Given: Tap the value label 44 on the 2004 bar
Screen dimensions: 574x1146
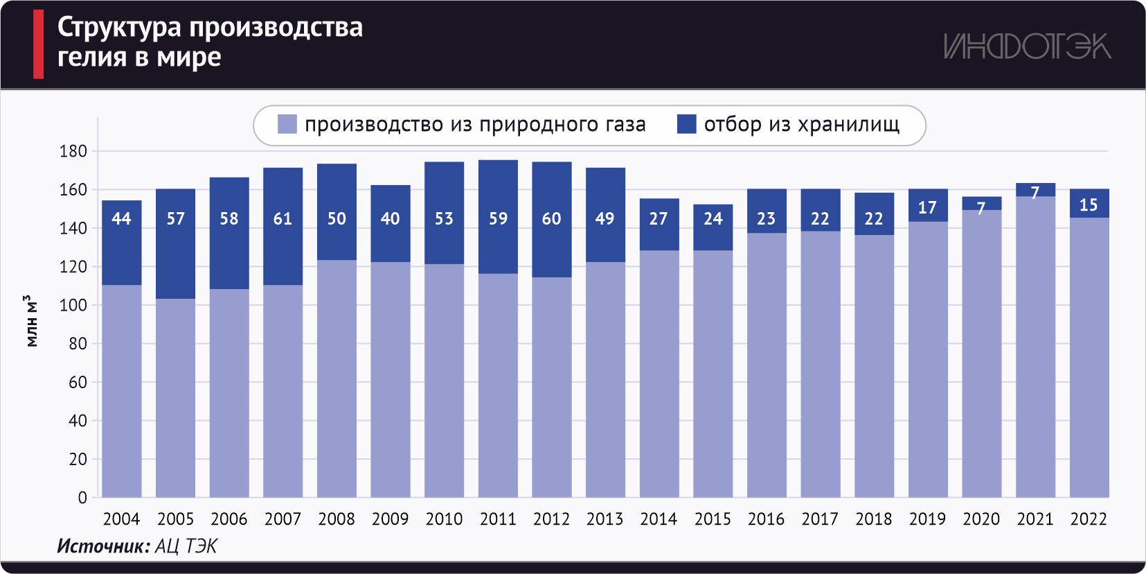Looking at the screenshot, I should [122, 219].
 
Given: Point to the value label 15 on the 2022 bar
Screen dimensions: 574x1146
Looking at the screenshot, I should [1089, 205].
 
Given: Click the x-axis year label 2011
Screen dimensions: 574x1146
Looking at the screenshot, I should [498, 519].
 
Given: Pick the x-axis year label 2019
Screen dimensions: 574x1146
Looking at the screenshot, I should [927, 519].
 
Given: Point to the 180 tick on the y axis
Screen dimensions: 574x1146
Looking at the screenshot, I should [73, 151].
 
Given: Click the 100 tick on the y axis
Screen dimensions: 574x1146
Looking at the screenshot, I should [73, 305].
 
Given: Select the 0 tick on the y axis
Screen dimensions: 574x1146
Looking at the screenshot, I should [82, 498].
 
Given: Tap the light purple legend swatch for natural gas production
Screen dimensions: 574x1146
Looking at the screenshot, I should [287, 125].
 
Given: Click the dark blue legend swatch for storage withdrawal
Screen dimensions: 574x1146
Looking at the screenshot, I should [686, 125].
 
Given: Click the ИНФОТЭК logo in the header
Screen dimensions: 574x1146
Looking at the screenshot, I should [1027, 46].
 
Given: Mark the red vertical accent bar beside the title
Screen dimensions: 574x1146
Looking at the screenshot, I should [38, 44].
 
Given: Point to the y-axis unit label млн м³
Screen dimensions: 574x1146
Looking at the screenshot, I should [32, 321].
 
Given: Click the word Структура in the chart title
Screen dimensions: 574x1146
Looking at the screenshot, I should [119, 27].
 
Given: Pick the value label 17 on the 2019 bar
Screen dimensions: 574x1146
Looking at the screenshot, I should [927, 207].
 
